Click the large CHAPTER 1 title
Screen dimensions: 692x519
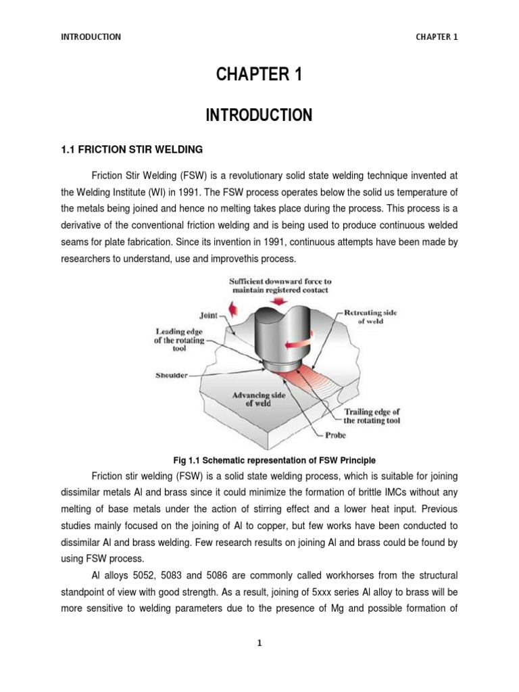[259, 76]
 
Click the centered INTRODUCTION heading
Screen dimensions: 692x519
[259, 116]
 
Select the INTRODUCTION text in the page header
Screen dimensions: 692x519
[91, 37]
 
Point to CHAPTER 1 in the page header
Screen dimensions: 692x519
[437, 37]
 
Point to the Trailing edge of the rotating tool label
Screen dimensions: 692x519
[372, 416]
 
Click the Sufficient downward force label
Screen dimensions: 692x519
[270, 285]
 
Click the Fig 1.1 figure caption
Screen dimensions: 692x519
[259, 460]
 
